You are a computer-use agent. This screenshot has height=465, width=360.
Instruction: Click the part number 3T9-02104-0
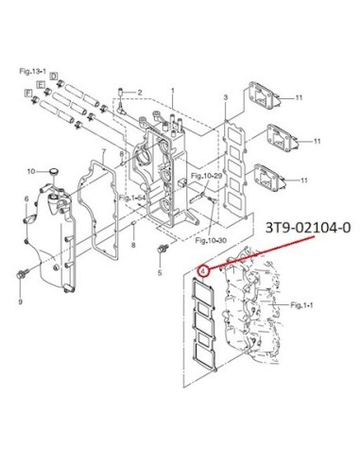(308, 228)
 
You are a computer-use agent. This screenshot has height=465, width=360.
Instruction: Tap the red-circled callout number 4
(203, 270)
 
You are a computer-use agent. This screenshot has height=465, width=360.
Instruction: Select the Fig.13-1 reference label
(32, 72)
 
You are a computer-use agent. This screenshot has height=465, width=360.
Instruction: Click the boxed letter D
(54, 77)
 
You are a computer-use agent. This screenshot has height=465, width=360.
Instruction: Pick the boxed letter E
(41, 84)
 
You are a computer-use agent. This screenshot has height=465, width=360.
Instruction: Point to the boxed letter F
(28, 93)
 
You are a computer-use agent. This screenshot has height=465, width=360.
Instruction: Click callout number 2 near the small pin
(140, 93)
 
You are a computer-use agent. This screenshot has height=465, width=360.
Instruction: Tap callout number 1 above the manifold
(173, 91)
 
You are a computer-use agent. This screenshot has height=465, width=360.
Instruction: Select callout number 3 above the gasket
(226, 98)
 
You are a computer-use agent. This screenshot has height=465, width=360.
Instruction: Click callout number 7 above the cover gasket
(103, 153)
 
